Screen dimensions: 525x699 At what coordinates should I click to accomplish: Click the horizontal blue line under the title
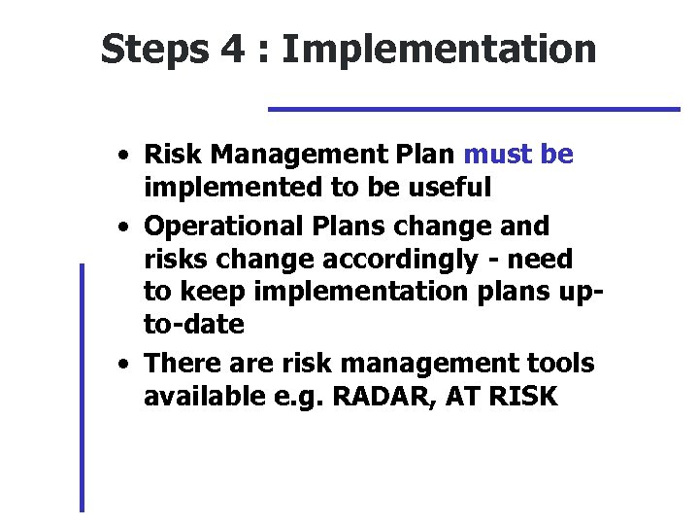pyautogui.click(x=474, y=109)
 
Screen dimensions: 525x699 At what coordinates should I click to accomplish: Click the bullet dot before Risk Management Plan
pyautogui.click(x=124, y=157)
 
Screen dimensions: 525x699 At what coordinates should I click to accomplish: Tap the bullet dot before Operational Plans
pyautogui.click(x=124, y=227)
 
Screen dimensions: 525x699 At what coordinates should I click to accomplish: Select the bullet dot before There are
pyautogui.click(x=124, y=365)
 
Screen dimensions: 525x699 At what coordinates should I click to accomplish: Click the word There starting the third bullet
pyautogui.click(x=181, y=363)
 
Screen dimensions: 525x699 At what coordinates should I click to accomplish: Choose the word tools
pyautogui.click(x=561, y=363)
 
